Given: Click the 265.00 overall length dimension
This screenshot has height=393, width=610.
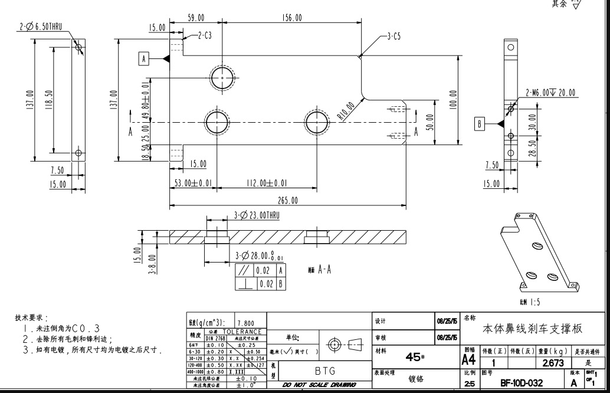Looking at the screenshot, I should tap(288, 201).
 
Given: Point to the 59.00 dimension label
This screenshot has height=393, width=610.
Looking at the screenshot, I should tap(196, 18).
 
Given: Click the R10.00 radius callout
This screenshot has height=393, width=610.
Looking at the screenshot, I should tap(346, 111).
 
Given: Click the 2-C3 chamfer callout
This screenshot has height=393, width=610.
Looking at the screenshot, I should tap(204, 36).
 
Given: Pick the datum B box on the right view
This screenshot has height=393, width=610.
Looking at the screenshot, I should tap(480, 123).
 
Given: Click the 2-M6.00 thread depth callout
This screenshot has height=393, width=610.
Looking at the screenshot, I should tap(550, 93).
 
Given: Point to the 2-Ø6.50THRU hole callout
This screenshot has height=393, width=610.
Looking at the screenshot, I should tap(40, 27).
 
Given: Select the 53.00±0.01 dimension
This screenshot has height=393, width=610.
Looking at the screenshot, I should tap(194, 184).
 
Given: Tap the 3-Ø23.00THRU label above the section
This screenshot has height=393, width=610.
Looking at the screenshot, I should tap(257, 215).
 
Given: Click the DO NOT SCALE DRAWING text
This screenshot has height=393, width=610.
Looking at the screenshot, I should tap(319, 385).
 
